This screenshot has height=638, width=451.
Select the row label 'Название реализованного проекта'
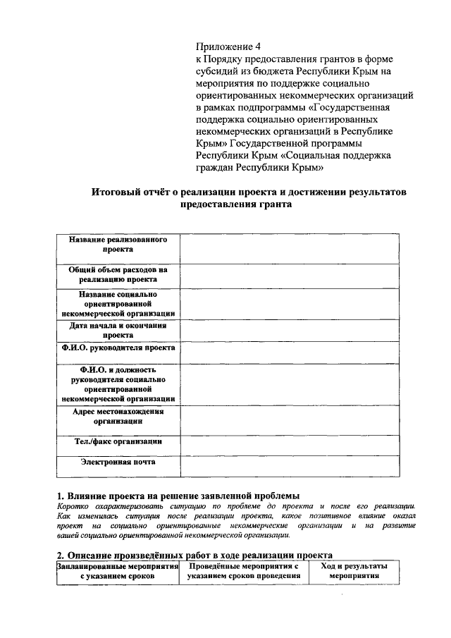tap(118, 245)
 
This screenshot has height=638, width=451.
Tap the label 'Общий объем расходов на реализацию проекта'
tap(118, 274)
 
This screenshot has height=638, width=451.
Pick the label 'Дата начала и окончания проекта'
tap(118, 331)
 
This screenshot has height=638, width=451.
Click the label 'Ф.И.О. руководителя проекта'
tap(118, 348)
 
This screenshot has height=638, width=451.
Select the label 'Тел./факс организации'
tap(118, 442)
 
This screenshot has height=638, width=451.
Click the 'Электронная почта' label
tap(118, 462)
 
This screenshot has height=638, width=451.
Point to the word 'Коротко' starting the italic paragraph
tap(71, 505)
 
